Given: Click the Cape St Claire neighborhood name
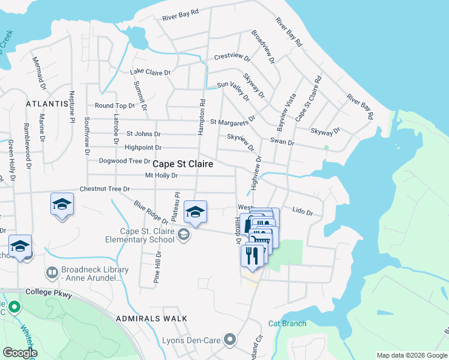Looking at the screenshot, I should (183, 164).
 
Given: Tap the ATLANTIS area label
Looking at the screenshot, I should (47, 104).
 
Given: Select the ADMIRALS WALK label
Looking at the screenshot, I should (152, 319).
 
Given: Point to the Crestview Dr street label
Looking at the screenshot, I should (232, 57).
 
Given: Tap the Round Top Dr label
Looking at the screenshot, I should (112, 106).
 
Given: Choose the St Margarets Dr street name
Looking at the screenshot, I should (232, 122).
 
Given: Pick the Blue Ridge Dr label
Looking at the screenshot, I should (151, 212).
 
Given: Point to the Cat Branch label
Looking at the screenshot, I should (287, 323).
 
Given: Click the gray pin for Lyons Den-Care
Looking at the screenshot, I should (229, 340).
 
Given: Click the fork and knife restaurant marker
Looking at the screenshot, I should (252, 255).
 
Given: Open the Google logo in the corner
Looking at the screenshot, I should (20, 353).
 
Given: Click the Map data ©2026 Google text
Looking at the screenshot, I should (412, 355).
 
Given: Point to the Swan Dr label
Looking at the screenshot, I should (282, 143).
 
